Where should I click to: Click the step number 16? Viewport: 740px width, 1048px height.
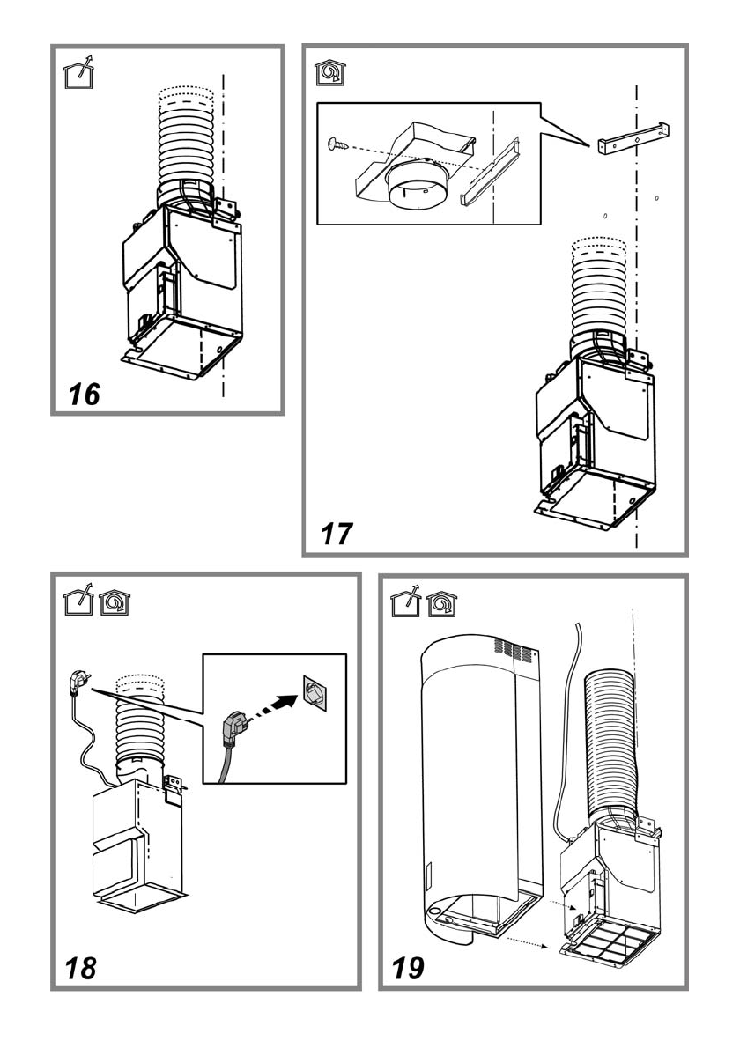(85, 395)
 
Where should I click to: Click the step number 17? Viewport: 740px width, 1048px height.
(337, 534)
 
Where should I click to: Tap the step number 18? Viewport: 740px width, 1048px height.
(80, 968)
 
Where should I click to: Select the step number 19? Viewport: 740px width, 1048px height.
(408, 968)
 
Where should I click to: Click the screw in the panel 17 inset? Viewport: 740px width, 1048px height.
(338, 143)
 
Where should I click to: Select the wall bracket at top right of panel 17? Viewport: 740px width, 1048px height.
(633, 139)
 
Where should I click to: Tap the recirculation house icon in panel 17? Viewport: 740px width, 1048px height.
(331, 72)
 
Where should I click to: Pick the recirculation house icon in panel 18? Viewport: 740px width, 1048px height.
(115, 602)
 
